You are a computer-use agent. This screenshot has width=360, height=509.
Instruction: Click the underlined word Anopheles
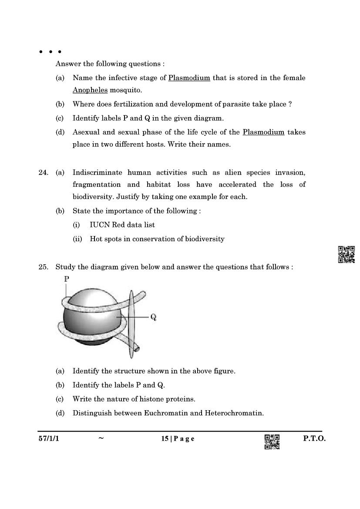click(x=90, y=90)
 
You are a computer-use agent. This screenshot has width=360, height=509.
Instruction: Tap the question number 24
click(x=43, y=172)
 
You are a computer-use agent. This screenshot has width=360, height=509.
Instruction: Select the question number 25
click(x=43, y=267)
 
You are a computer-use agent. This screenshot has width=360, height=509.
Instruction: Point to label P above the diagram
click(x=67, y=279)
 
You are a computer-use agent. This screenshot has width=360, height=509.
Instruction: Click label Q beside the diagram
click(x=153, y=317)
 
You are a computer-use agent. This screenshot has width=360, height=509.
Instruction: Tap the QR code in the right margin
click(x=346, y=254)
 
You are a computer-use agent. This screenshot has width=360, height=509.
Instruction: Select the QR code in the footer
click(x=272, y=442)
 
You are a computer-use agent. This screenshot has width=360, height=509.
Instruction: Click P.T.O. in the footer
click(x=314, y=438)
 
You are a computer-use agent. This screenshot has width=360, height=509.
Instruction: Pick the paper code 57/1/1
click(x=48, y=438)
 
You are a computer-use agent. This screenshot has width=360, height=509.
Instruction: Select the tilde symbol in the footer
click(x=101, y=438)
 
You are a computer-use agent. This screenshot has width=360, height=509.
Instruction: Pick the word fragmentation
click(x=97, y=185)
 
